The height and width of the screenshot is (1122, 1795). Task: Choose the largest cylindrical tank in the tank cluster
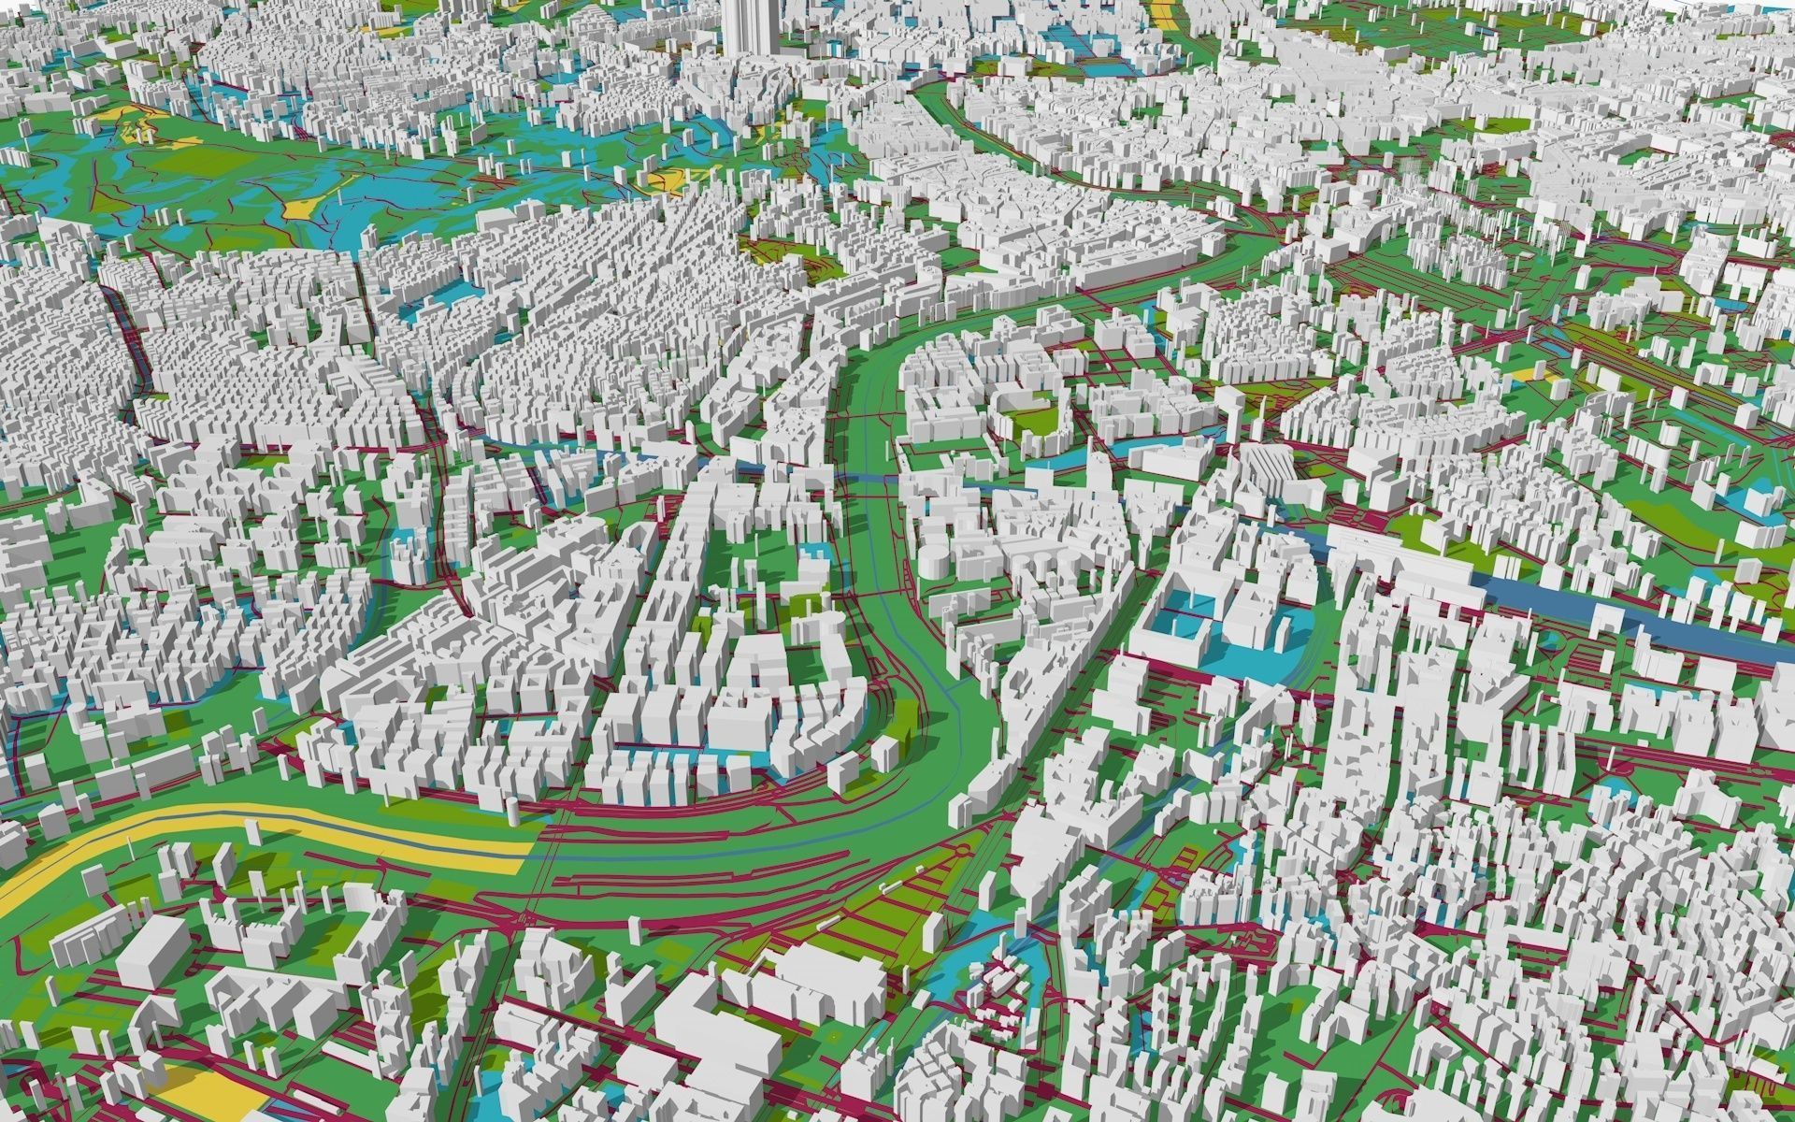click(x=935, y=561)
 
